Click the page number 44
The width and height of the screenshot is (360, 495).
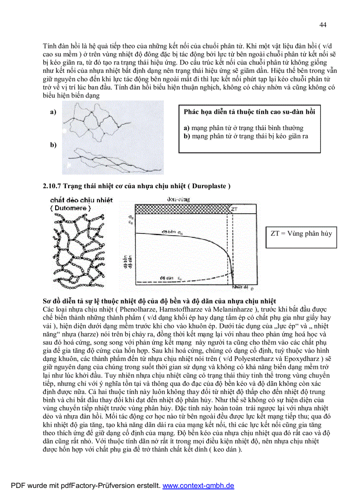[322, 25]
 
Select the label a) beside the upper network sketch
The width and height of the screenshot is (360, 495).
[53, 112]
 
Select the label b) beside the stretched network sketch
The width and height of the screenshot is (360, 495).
[53, 145]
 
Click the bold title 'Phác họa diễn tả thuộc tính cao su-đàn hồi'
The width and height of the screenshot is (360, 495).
[249, 112]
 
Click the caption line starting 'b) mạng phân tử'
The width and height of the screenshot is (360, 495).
[246, 136]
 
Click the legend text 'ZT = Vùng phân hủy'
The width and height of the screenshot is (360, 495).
[300, 234]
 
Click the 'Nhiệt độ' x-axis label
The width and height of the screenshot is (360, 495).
[240, 287]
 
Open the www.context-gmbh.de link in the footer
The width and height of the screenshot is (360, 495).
[199, 486]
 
